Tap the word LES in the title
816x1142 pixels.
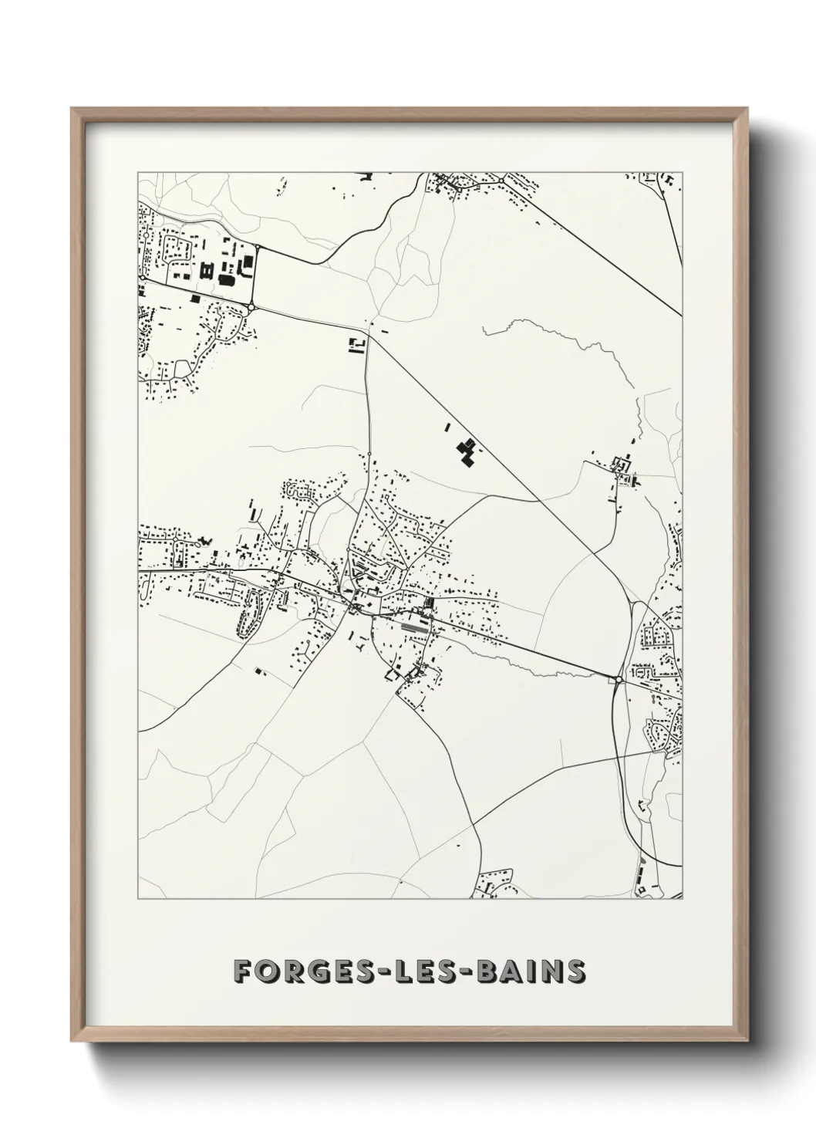click(x=411, y=971)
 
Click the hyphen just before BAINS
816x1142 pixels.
click(x=460, y=972)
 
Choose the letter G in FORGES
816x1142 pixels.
click(x=303, y=971)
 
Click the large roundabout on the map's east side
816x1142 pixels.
click(x=619, y=679)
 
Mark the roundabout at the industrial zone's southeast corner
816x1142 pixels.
click(x=252, y=308)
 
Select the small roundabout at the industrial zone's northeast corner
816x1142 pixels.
click(x=257, y=248)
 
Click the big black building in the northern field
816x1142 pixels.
click(x=466, y=451)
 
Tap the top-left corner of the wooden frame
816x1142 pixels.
click(x=72, y=109)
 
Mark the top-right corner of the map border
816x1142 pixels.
click(x=683, y=172)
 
